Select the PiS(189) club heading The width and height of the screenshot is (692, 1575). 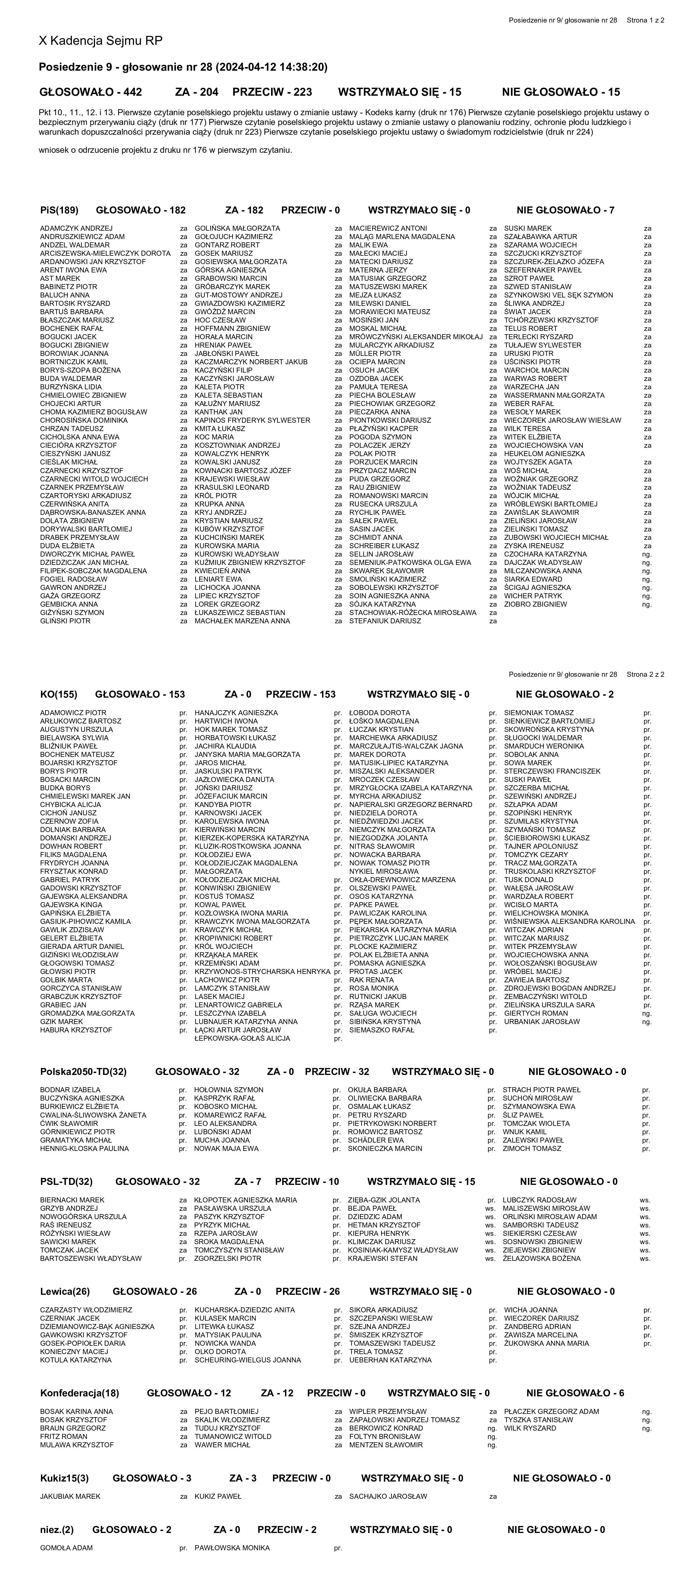(59, 210)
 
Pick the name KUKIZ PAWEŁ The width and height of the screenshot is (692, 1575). (218, 1496)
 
